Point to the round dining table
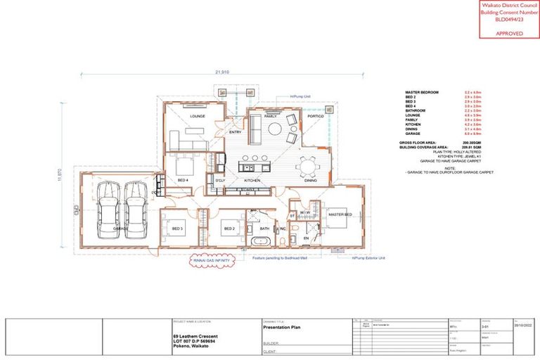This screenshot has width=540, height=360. (x=308, y=166)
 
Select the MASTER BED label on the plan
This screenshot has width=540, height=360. (x=339, y=214)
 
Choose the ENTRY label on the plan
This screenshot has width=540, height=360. (x=235, y=132)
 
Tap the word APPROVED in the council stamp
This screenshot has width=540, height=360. (x=509, y=32)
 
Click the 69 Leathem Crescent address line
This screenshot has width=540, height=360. (x=195, y=336)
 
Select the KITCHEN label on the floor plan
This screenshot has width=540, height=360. (x=252, y=181)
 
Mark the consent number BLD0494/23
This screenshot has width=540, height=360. (x=509, y=19)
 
